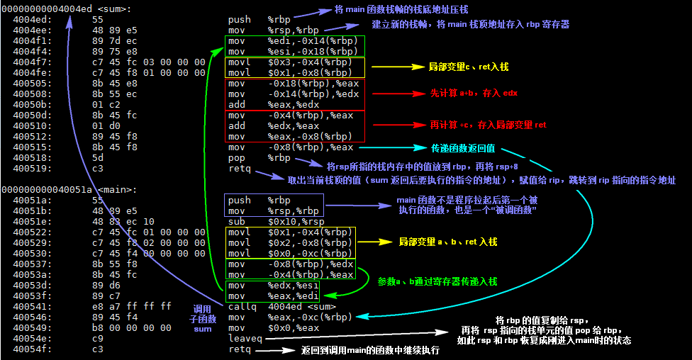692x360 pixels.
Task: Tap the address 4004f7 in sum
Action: [27, 62]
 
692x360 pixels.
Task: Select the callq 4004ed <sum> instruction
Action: [271, 306]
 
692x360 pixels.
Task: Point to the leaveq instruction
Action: [245, 339]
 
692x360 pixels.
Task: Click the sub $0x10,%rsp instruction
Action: [271, 221]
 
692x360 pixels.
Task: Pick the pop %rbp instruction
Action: [259, 157]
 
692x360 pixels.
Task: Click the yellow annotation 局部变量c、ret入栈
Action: [469, 67]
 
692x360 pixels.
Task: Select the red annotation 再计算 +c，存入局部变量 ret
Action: [488, 125]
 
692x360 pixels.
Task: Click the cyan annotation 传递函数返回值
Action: [463, 148]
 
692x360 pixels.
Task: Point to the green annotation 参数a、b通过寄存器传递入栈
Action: [437, 281]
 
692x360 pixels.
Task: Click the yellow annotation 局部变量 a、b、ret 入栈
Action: [447, 242]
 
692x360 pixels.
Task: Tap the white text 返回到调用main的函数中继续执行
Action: [370, 350]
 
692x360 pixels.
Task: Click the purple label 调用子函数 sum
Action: [203, 319]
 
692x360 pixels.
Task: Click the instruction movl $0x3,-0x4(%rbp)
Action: [290, 62]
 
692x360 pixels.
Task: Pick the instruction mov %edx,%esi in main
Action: [269, 285]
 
